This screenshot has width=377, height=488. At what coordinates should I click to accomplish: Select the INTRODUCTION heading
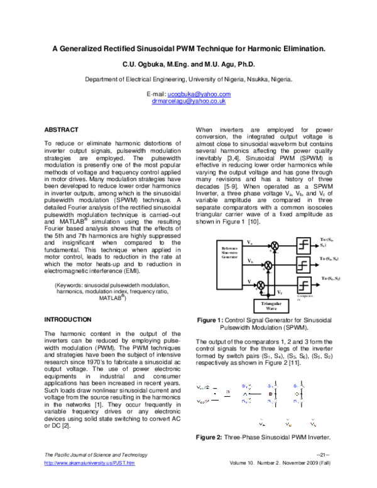click(x=68, y=319)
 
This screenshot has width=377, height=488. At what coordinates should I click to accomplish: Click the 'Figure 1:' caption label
click(x=210, y=320)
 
